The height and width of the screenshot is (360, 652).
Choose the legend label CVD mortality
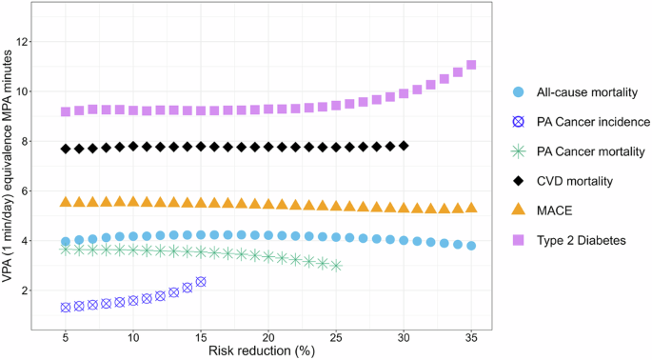tap(570, 181)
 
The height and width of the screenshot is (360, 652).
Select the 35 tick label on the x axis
tap(471, 338)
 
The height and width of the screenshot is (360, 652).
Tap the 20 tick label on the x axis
tap(268, 338)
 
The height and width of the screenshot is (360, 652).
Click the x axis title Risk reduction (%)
tap(268, 351)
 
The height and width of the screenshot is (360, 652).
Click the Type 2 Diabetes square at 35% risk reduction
tap(471, 65)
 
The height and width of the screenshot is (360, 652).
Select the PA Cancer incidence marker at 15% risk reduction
tap(201, 282)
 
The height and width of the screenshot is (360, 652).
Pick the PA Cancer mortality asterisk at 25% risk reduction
tap(336, 265)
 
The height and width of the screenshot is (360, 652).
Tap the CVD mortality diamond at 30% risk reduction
tap(404, 146)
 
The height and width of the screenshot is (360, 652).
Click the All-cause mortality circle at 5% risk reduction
tap(66, 242)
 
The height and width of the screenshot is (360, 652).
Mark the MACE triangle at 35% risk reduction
tap(471, 208)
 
